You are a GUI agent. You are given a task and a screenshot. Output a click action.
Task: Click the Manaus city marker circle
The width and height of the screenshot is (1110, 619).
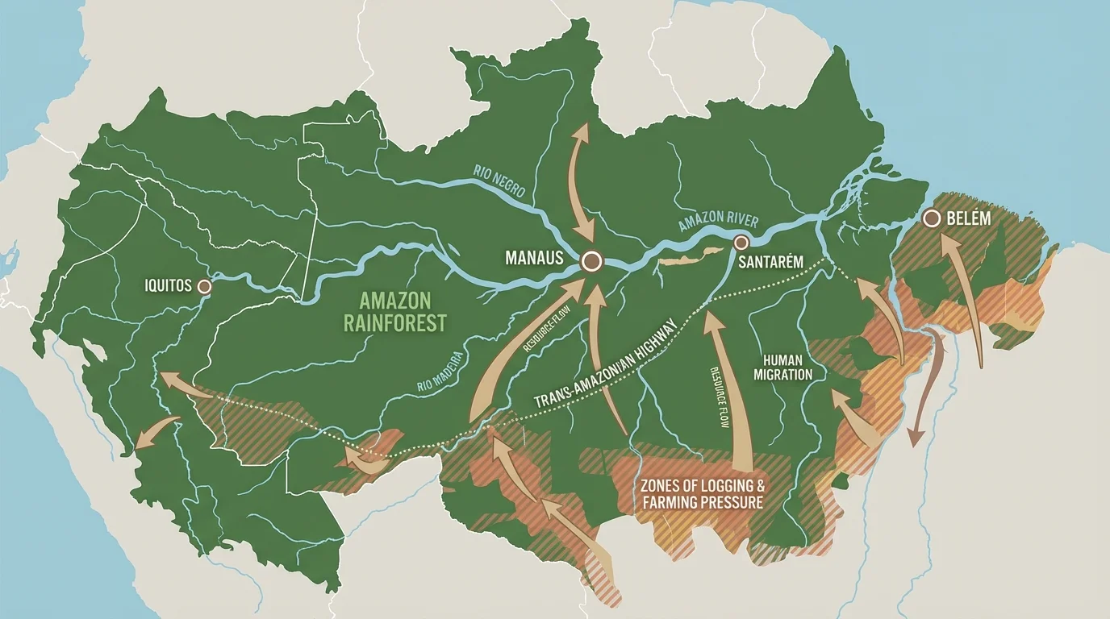592,260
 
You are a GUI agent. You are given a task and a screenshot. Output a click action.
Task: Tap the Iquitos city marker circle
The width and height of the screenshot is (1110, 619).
204,286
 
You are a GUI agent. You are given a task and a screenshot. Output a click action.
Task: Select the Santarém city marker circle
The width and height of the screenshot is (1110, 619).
741,242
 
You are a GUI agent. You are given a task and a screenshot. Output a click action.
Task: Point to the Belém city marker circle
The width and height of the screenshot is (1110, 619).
932,218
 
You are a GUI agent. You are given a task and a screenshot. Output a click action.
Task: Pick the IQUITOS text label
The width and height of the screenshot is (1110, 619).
168,286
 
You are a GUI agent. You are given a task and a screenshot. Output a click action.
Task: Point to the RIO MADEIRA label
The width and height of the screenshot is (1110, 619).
440,372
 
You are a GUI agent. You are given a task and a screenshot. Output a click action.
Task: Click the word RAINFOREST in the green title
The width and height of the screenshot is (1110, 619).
394,323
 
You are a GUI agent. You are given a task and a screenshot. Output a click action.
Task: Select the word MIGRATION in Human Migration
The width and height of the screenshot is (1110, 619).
782,375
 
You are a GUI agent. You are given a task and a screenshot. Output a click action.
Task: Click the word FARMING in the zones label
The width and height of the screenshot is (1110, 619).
676,503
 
